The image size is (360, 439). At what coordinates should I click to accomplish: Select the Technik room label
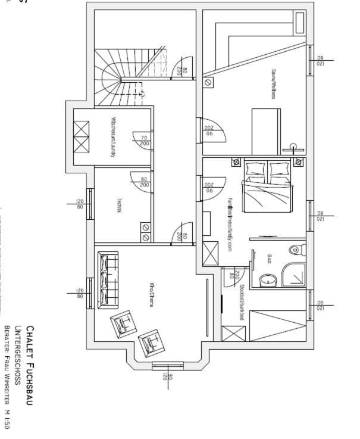pyautogui.click(x=119, y=206)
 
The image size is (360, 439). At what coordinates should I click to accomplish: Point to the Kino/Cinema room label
pyautogui.click(x=152, y=295)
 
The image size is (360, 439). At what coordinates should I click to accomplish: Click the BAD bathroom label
pyautogui.click(x=270, y=259)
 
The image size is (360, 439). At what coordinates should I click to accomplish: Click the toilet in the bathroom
pyautogui.click(x=296, y=250)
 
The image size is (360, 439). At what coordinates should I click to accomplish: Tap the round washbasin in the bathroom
pyautogui.click(x=268, y=279)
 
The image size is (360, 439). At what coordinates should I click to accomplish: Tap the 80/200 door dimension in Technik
pyautogui.click(x=144, y=182)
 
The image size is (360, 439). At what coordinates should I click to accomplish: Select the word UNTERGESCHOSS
pyautogui.click(x=18, y=354)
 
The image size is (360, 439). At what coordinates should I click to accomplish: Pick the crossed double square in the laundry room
pyautogui.click(x=81, y=136)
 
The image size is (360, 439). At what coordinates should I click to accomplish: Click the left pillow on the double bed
pyautogui.click(x=256, y=169)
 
